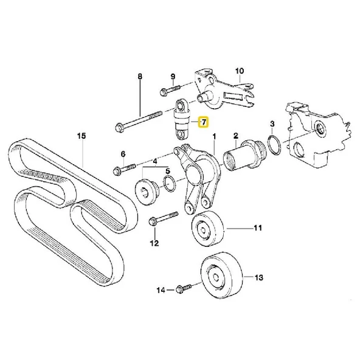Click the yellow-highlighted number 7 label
(204, 123)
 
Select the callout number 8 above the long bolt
(140, 77)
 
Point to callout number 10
(239, 70)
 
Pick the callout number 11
(257, 229)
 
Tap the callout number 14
(161, 291)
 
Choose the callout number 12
(154, 243)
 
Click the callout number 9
(173, 77)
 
